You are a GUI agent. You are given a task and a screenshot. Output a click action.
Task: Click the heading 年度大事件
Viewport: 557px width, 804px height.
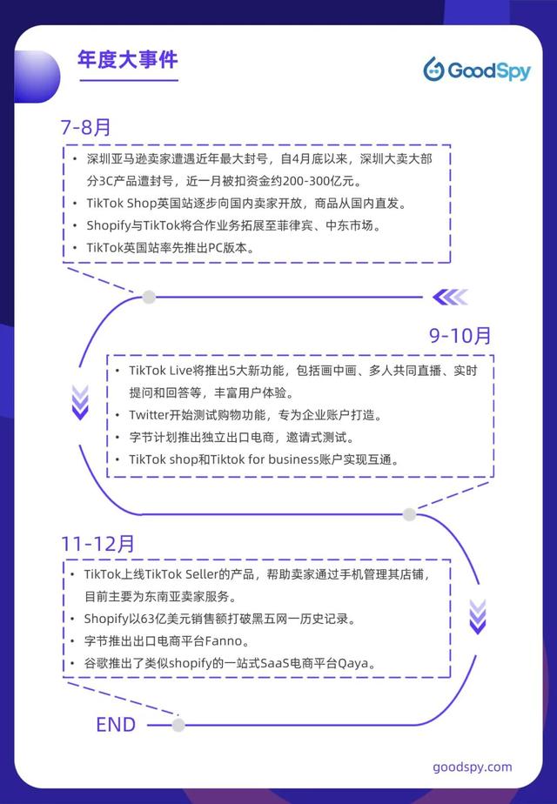tap(128, 59)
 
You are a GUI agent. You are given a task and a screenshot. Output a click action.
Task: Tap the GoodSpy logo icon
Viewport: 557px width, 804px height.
tap(434, 70)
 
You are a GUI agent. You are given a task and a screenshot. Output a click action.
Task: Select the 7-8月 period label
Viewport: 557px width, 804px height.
tap(85, 127)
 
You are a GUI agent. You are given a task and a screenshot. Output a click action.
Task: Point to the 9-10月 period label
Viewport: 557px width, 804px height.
tap(460, 335)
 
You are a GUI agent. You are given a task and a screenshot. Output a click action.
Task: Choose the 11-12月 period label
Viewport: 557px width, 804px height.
tap(97, 544)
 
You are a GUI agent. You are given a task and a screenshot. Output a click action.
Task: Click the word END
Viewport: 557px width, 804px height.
tap(116, 725)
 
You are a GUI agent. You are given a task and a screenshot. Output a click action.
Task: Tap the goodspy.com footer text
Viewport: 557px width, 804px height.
tap(473, 767)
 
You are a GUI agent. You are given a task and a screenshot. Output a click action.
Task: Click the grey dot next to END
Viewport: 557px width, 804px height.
tap(178, 725)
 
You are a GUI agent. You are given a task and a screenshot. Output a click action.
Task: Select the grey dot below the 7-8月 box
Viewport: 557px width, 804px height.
tap(149, 297)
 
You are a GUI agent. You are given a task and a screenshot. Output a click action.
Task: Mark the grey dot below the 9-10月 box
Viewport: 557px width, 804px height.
tap(409, 514)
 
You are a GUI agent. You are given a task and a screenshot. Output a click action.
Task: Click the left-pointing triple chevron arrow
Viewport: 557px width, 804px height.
tap(450, 297)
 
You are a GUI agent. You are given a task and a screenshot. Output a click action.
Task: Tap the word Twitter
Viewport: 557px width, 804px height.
tap(149, 414)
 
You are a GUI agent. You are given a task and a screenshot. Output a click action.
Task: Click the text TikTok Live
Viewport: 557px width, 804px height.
tap(160, 370)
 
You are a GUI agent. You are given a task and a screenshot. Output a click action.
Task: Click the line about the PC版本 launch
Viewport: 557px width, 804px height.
tap(171, 248)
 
